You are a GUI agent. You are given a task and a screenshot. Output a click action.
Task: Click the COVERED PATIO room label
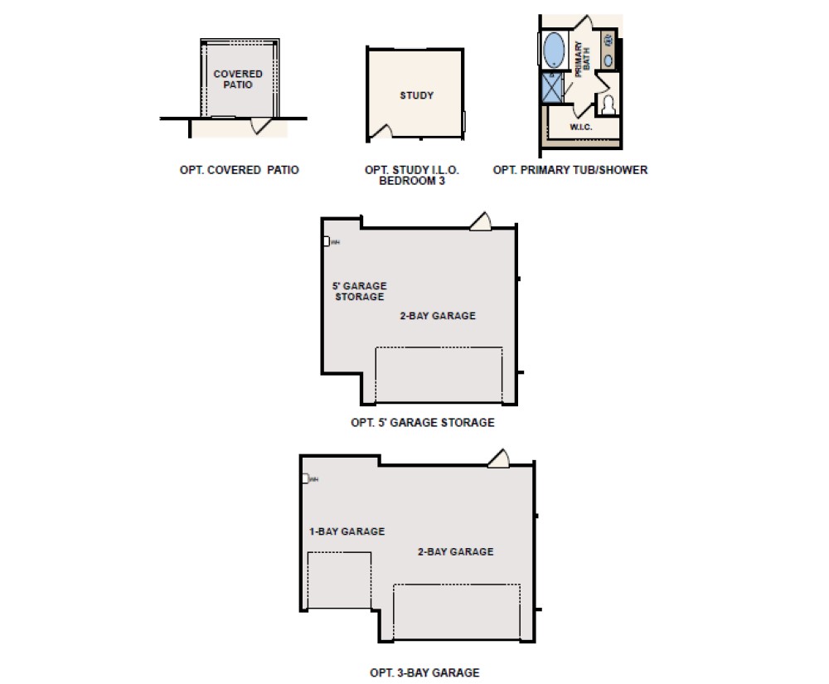coord(238,80)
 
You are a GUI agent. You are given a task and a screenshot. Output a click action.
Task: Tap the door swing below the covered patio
coord(263,125)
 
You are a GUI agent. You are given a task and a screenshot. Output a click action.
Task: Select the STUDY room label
coord(416,95)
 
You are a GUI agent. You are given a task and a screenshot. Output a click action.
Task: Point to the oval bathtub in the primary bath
coord(553,51)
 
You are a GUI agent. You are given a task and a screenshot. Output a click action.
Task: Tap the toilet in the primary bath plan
coord(608,105)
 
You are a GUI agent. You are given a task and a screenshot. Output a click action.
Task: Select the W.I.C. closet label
coord(580,128)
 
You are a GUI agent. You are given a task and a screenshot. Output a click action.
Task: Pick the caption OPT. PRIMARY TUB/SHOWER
coord(570,170)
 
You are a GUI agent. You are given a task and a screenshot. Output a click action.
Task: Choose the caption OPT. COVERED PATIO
coord(239,170)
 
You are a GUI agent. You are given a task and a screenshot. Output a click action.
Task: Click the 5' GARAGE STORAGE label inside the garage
coord(360,291)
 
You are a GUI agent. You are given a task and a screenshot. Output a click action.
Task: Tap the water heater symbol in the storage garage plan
coord(327,241)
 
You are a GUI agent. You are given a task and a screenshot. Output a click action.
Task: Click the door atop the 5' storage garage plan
coord(481,221)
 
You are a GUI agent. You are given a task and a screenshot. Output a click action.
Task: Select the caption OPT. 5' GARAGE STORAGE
coord(422,422)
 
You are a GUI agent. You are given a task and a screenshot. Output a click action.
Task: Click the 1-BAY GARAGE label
coord(347,531)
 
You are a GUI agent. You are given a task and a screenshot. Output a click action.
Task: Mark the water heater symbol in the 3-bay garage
coord(306,478)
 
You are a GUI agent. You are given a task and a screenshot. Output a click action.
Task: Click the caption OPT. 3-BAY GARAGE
coord(424,672)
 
